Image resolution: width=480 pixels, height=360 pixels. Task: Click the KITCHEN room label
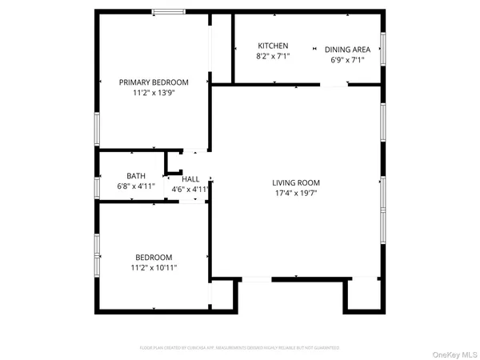273,46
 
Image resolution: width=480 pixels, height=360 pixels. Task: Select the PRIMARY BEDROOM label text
154,82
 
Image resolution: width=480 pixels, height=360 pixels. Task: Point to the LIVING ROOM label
296,182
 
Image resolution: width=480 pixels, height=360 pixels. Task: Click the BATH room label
136,176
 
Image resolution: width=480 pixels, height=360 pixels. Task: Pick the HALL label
190,178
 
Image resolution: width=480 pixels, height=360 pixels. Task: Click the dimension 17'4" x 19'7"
296,193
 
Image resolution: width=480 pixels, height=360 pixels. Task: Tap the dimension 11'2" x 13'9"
154,93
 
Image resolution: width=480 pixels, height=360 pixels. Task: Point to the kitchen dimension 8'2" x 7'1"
273,58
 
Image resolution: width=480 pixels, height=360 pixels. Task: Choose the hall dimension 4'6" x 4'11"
190,189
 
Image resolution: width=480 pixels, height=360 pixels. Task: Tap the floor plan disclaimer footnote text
240,348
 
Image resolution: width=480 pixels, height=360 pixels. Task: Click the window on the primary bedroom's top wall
166,11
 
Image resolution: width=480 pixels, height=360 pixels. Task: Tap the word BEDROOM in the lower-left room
154,257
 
